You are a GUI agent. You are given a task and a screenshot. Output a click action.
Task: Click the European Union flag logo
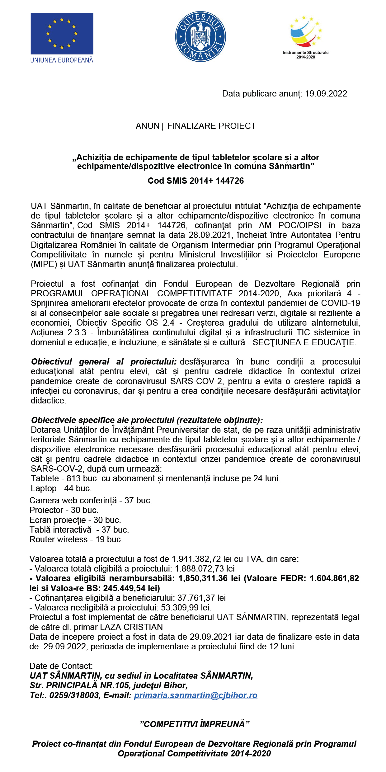(62, 34)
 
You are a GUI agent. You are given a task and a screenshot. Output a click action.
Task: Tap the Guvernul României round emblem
(200, 37)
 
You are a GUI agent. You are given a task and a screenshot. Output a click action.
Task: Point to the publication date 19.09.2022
(326, 94)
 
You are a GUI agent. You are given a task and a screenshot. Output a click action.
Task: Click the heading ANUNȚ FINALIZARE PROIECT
(195, 126)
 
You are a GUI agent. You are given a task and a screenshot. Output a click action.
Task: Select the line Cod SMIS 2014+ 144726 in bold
(195, 181)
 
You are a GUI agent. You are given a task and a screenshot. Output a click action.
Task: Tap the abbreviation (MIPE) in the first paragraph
(44, 264)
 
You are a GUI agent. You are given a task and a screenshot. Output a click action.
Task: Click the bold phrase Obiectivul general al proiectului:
(104, 362)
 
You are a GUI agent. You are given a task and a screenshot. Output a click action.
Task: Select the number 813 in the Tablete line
(73, 478)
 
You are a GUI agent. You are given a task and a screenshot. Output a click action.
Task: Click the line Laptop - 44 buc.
(61, 488)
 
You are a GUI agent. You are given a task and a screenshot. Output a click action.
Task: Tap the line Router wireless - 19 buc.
(76, 539)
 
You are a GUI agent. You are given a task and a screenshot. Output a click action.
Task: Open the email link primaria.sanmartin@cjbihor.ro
(195, 695)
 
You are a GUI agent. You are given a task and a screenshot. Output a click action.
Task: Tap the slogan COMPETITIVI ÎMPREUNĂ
(195, 724)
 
